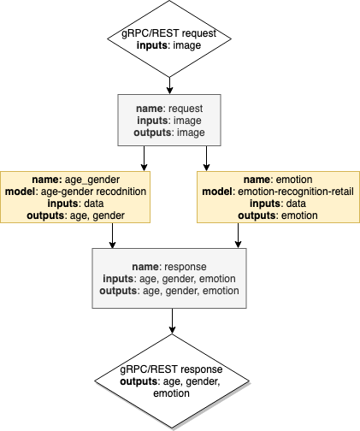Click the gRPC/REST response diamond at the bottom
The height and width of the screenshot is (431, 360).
172,381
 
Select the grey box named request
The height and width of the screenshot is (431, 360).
172,121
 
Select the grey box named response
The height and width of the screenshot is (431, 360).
172,278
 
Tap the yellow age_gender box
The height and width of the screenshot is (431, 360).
75,198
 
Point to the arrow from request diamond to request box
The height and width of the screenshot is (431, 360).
172,85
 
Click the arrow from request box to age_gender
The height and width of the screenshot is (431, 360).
143,157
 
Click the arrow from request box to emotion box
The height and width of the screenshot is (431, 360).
207,157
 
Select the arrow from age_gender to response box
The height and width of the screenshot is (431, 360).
112,235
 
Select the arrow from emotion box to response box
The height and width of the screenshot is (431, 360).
237,235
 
